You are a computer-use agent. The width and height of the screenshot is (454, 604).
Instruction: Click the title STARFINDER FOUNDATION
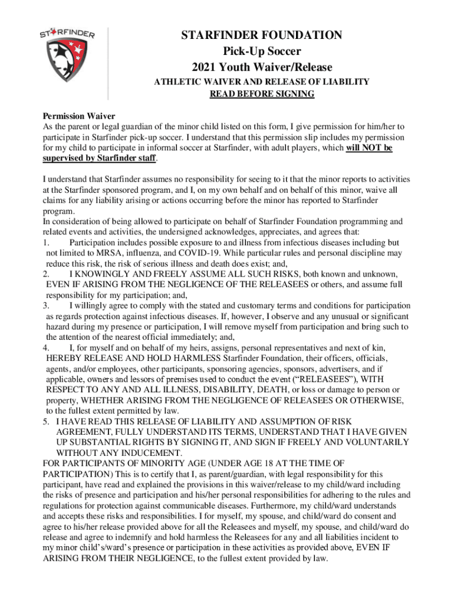(x=261, y=36)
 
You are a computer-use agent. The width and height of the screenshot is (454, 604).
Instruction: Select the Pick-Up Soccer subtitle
(x=261, y=51)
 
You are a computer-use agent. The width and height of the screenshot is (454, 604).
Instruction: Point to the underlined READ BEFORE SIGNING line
(x=262, y=94)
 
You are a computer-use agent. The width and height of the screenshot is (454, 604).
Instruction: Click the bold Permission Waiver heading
(x=79, y=116)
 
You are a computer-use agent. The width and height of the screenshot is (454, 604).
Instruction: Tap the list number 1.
(x=46, y=242)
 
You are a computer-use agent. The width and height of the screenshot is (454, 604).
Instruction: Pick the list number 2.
(x=46, y=274)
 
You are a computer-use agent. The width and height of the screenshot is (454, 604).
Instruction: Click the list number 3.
(x=46, y=306)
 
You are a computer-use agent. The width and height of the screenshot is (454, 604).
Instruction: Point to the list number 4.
(x=46, y=347)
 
